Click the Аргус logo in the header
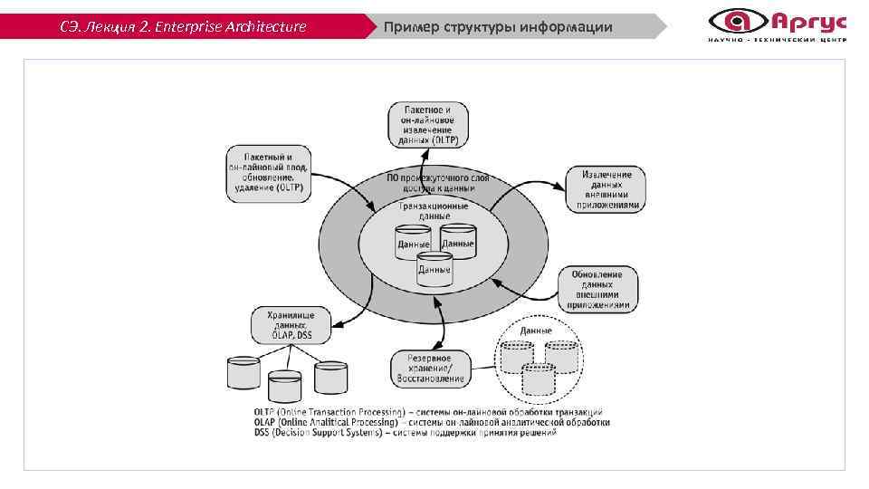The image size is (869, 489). pos(777,24)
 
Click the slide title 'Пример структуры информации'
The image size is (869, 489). pos(498,26)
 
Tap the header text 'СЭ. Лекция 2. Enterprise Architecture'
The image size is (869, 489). pos(183,26)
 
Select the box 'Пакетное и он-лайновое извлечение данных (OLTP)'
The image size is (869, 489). pos(428,125)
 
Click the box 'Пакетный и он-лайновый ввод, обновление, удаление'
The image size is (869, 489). pos(268,172)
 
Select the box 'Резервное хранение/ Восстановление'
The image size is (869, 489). pos(431,369)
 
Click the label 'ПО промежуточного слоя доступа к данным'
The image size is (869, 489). pos(437,184)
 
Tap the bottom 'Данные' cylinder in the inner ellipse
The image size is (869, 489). pos(434,270)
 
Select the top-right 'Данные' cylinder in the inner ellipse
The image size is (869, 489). pos(458,241)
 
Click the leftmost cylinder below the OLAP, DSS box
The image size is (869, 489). pos(244,373)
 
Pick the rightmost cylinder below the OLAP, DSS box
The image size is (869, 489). pos(330,377)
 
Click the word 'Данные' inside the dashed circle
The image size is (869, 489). pos(535,331)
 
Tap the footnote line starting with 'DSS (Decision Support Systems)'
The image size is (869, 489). pos(406,433)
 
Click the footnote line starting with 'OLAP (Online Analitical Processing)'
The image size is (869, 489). pos(432,422)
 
